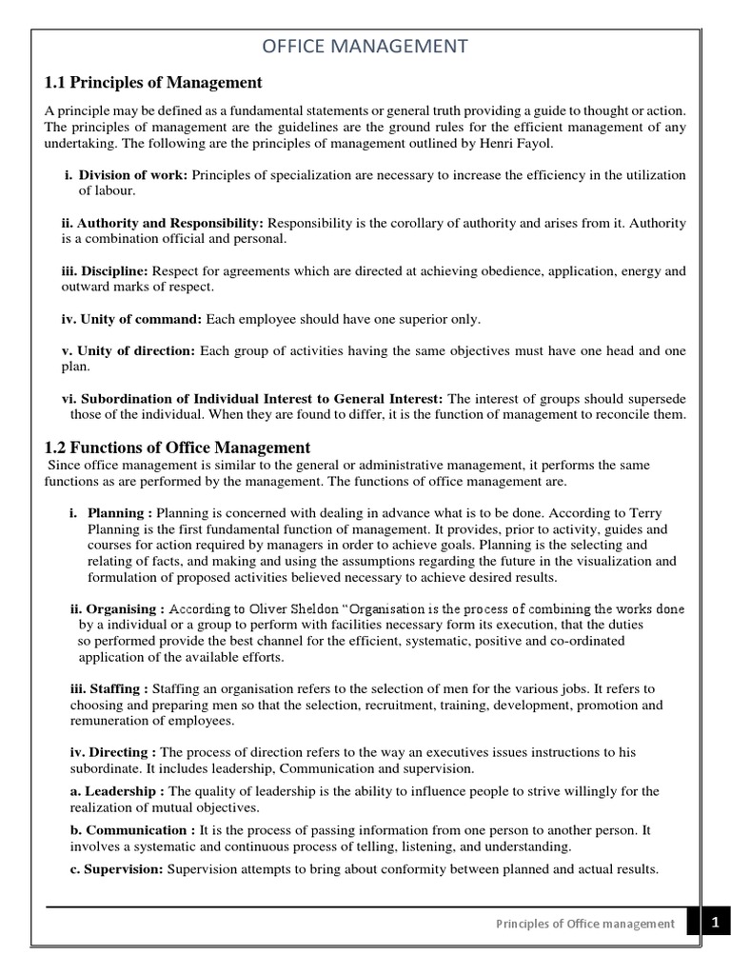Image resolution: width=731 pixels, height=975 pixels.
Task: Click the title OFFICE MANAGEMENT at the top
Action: [x=365, y=46]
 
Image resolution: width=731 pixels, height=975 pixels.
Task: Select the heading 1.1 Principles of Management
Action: [x=153, y=83]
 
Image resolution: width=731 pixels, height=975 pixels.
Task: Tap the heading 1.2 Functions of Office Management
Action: [x=178, y=447]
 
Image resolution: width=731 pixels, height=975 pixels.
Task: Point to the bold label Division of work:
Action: [x=133, y=175]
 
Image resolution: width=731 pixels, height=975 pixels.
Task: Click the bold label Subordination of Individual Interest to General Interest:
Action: [x=252, y=398]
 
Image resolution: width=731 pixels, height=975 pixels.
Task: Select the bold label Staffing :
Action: [x=109, y=688]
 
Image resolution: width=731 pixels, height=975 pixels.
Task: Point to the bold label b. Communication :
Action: [x=133, y=830]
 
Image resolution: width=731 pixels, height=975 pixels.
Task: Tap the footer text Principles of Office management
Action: [x=585, y=924]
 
